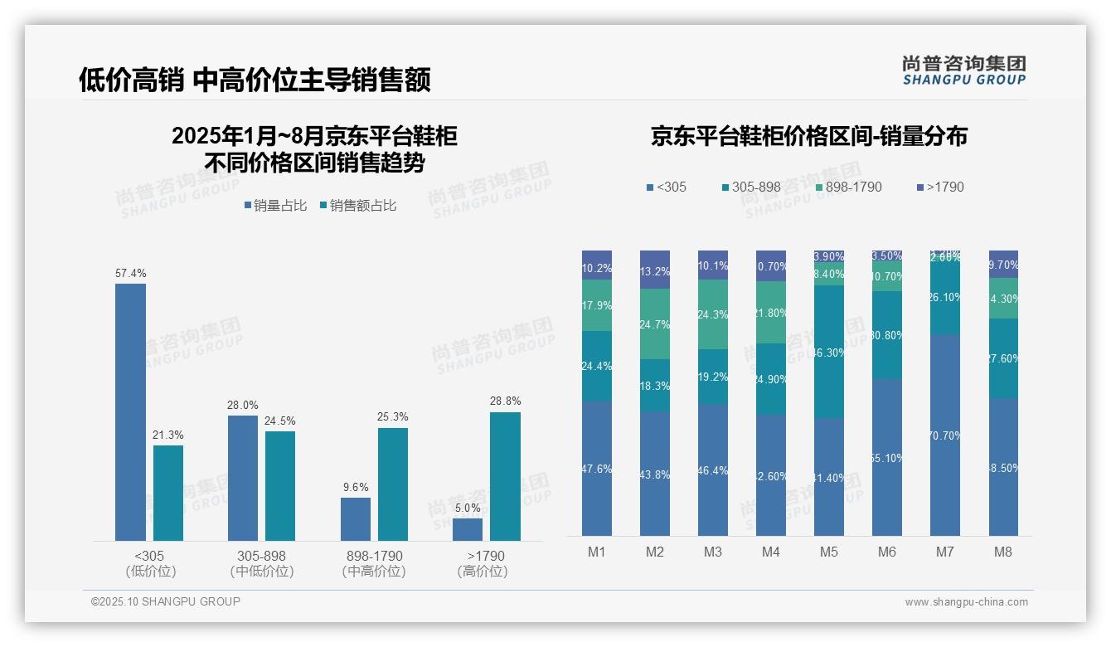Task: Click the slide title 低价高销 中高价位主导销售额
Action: (x=255, y=80)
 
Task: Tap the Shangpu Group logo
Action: (x=963, y=71)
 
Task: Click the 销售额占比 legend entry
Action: (x=358, y=206)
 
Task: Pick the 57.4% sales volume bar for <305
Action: (x=130, y=412)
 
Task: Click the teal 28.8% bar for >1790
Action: (x=505, y=476)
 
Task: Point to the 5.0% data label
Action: (x=468, y=508)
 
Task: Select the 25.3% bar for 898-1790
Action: (x=393, y=484)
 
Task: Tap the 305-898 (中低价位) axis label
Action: (x=262, y=563)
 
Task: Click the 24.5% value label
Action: (x=280, y=421)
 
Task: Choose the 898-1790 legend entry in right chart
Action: (x=847, y=187)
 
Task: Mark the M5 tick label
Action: (x=828, y=552)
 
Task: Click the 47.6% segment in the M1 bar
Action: (x=597, y=469)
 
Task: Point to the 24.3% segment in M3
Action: (x=713, y=314)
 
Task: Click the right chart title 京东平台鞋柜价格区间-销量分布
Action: (x=808, y=137)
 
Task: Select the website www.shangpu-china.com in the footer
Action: (x=966, y=602)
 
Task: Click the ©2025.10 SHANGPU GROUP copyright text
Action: (x=166, y=601)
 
